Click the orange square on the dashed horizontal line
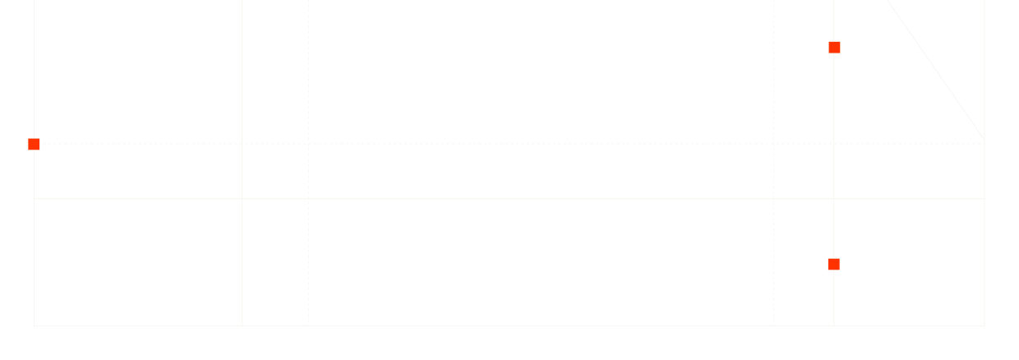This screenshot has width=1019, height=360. click(34, 144)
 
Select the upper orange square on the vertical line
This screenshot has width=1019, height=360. click(834, 48)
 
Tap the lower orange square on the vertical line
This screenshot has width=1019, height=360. click(834, 264)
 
